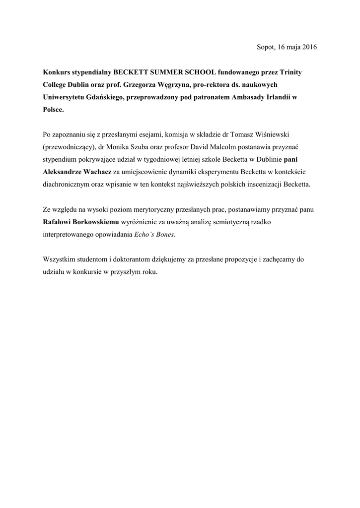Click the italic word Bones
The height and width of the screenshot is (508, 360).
click(164, 234)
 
